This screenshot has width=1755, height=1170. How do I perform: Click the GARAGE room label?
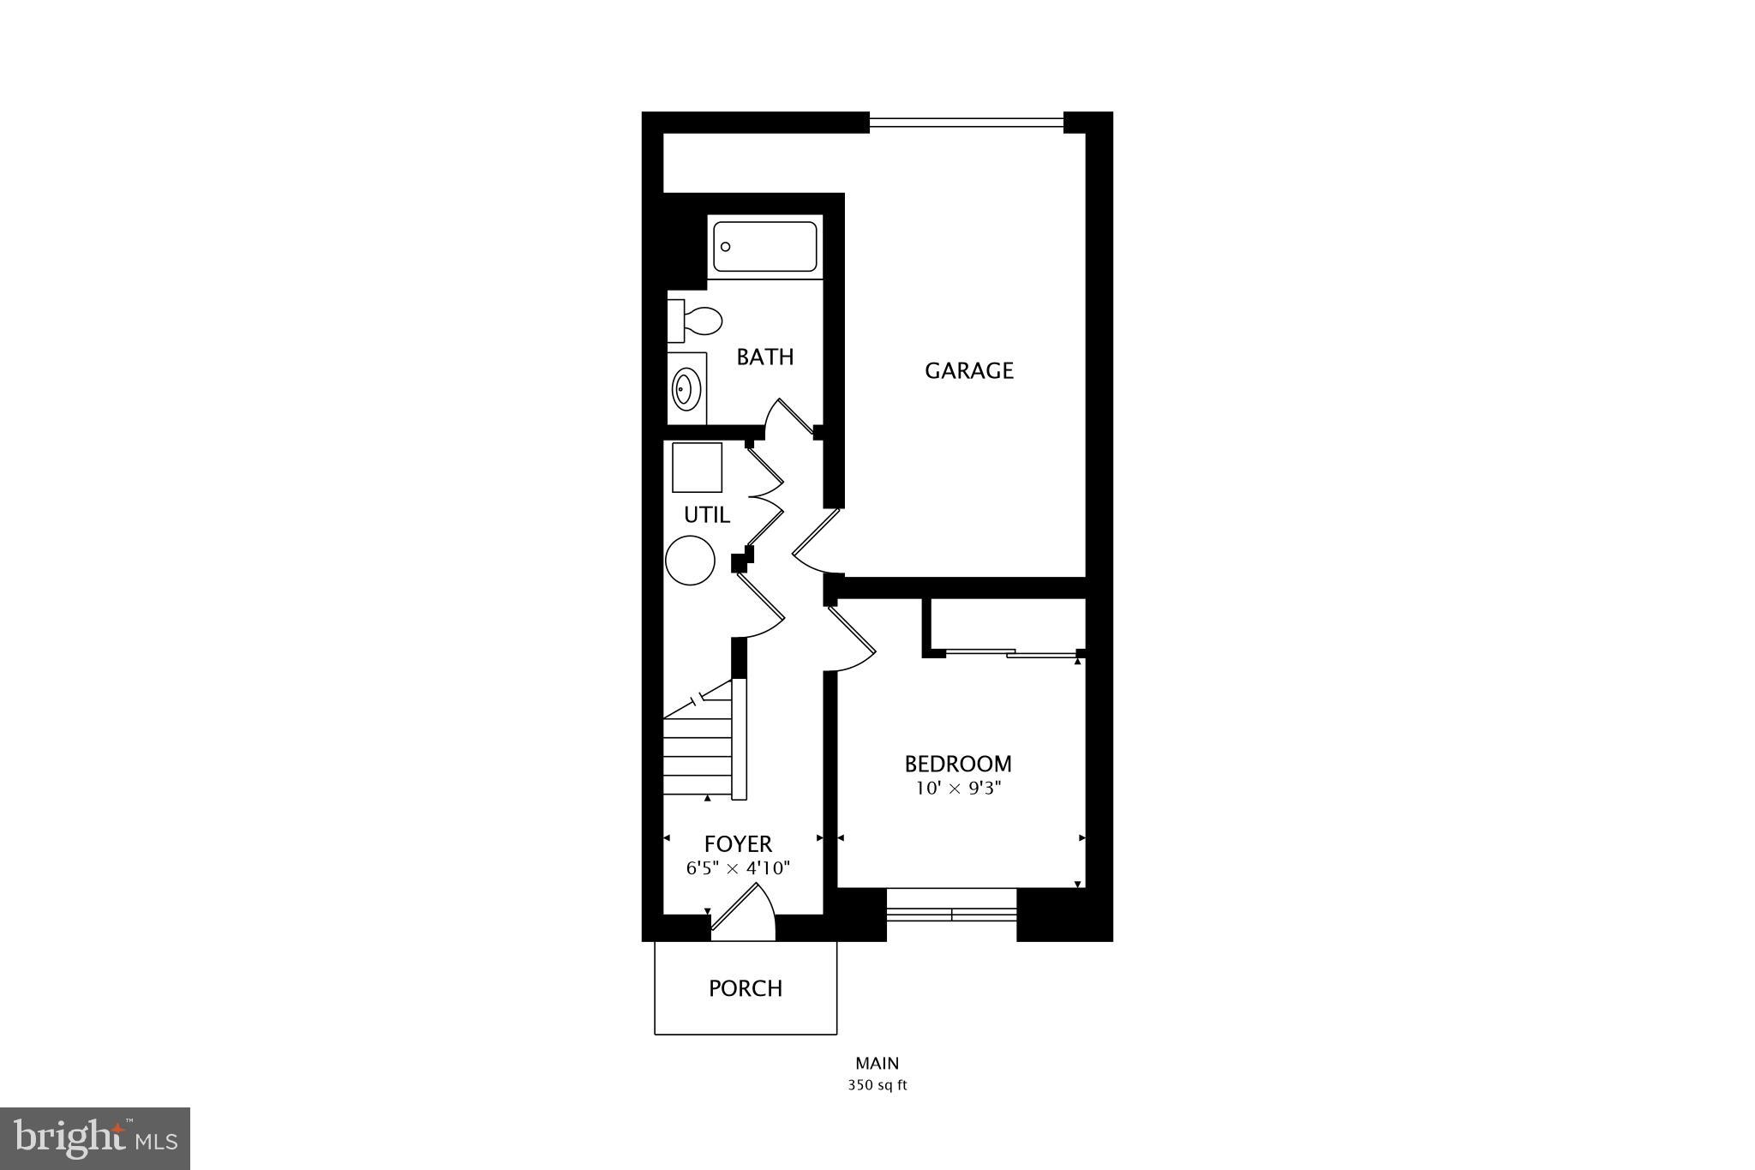click(968, 370)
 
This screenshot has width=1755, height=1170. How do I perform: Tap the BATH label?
click(765, 357)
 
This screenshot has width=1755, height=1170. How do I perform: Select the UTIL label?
click(706, 515)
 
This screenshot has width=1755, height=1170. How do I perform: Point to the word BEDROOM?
click(958, 763)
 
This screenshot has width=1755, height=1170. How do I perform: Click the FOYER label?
click(738, 844)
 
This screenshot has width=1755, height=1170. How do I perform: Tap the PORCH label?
click(746, 988)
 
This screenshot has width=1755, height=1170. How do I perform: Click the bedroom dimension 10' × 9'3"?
click(958, 789)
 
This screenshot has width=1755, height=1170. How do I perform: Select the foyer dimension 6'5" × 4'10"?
click(738, 867)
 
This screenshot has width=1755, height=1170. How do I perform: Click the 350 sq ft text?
click(877, 1085)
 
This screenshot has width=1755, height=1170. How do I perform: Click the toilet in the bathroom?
click(696, 321)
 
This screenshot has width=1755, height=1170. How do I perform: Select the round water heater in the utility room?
click(690, 561)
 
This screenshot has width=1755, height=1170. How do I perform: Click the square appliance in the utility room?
click(697, 467)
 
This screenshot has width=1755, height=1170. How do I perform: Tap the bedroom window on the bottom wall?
click(951, 915)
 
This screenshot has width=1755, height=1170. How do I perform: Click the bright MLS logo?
click(95, 1138)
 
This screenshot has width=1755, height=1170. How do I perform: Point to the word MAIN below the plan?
click(877, 1064)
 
